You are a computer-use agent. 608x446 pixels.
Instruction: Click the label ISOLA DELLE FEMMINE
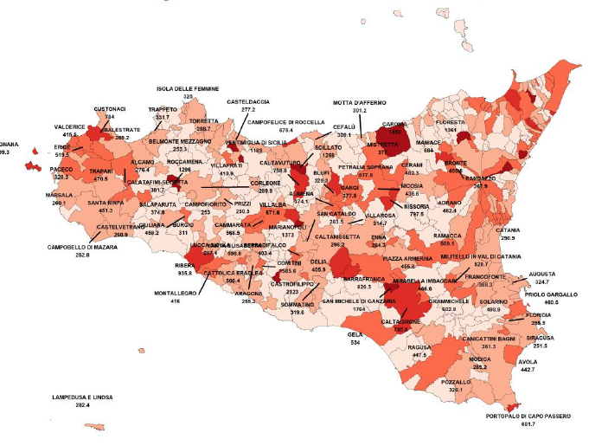pos(188,88)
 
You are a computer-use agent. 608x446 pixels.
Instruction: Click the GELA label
pos(355,334)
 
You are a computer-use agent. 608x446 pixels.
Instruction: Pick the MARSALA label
pos(60,195)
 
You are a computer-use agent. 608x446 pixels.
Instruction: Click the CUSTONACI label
pos(110,108)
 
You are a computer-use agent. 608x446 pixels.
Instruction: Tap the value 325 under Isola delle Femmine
pos(188,96)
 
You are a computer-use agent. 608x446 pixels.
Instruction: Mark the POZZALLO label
pos(456,382)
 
